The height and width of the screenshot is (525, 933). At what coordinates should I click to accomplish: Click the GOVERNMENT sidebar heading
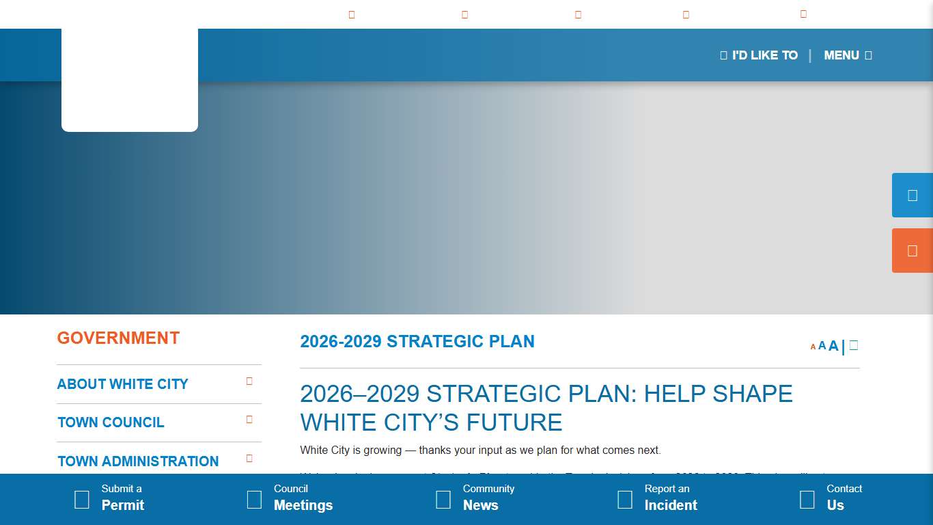118,338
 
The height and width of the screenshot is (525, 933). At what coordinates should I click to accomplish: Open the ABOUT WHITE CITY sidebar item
122,384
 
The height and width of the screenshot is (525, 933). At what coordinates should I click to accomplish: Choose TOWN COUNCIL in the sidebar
111,422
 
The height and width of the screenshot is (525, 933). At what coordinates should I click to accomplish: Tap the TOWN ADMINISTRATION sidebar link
138,461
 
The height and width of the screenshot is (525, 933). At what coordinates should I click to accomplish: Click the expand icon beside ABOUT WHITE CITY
249,381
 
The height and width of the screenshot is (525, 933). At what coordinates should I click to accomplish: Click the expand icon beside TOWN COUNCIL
249,420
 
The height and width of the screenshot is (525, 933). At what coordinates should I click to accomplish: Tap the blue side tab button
913,196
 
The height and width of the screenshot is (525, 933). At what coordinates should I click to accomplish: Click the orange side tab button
913,251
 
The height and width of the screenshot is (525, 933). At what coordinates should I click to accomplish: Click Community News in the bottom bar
482,498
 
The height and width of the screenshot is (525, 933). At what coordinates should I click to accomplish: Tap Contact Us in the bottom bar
837,498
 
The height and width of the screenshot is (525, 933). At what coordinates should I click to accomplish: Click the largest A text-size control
833,346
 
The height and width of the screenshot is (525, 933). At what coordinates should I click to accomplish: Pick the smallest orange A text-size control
813,347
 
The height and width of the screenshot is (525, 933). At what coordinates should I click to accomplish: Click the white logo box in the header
130,79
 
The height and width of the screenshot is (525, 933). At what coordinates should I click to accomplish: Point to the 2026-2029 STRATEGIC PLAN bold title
417,342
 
